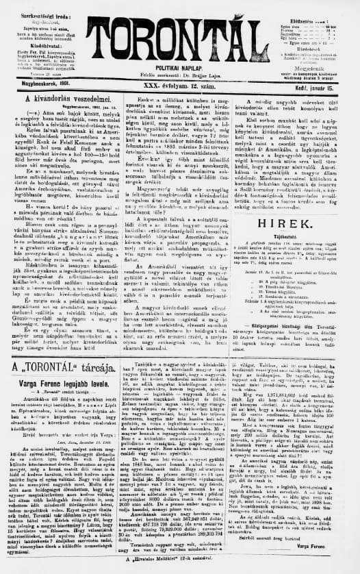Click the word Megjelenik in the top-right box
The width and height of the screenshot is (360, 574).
point(314,68)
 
